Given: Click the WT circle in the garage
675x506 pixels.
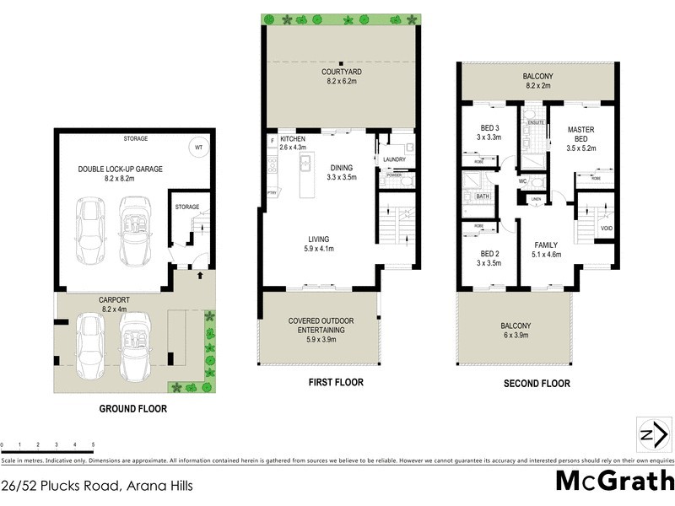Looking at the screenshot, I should click(198, 146).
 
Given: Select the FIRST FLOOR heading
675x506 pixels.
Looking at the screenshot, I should click(335, 382).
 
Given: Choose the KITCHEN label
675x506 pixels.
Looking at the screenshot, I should click(293, 138).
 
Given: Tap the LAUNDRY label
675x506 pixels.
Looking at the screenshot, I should click(394, 159).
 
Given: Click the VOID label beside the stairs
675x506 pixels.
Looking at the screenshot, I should click(606, 229).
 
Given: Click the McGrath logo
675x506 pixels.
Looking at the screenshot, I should click(613, 482).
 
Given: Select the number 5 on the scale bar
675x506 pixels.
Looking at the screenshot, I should click(93, 444).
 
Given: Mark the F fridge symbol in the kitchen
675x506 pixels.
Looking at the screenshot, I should click(273, 140).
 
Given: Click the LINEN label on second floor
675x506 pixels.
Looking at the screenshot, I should click(537, 199).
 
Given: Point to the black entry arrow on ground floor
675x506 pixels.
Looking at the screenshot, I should click(200, 274).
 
